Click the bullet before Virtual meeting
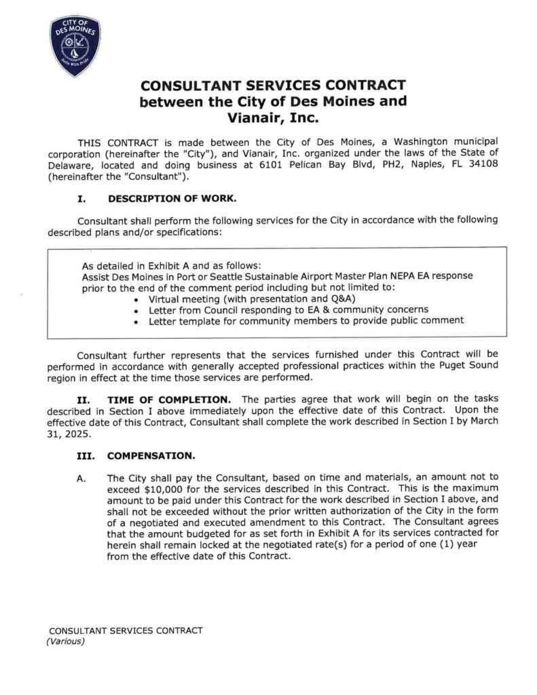click(138, 299)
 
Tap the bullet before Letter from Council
click(138, 310)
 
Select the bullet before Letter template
click(138, 320)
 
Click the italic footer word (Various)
click(65, 641)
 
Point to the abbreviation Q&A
click(344, 299)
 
